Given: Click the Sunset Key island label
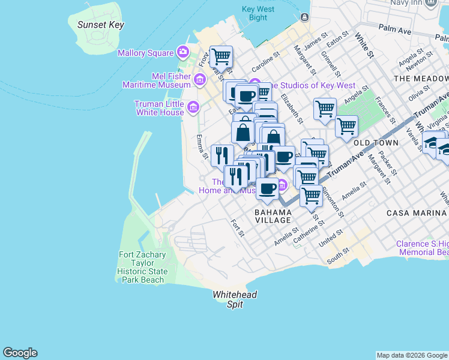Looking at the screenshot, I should [100, 25].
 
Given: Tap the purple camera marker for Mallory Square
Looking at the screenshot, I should [182, 53].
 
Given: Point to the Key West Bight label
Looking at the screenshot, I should [258, 13].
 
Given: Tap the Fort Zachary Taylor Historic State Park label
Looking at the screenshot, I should [142, 267].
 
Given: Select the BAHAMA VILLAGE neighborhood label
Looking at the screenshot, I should [273, 216].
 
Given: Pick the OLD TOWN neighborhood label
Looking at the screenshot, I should [376, 143].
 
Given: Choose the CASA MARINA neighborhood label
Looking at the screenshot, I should [417, 213].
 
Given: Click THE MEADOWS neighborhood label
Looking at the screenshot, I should [421, 79].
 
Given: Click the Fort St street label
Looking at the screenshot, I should [237, 227].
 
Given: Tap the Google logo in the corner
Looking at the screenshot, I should [20, 353].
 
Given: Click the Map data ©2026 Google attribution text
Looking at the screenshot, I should [412, 355].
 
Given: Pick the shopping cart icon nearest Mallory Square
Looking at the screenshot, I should [221, 56].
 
